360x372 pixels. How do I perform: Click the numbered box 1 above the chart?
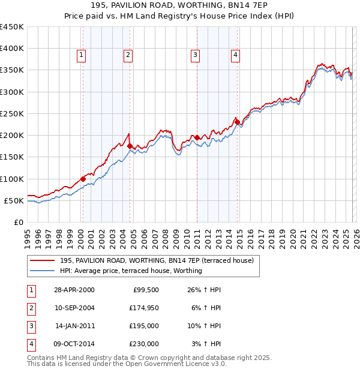click(x=81, y=55)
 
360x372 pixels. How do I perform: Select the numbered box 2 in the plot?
click(x=128, y=55)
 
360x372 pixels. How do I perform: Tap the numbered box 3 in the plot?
click(x=195, y=55)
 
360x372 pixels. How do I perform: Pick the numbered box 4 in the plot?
click(x=235, y=55)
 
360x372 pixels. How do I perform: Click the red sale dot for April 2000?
click(x=83, y=179)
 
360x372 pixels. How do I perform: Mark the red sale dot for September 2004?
click(x=130, y=146)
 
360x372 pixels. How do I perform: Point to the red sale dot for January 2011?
click(x=197, y=137)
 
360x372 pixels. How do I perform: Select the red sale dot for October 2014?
click(x=237, y=122)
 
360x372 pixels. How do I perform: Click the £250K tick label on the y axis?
click(x=12, y=113)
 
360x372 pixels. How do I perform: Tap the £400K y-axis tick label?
click(x=12, y=49)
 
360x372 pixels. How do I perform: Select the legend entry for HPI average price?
click(x=131, y=271)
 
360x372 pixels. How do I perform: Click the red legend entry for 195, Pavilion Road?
click(x=157, y=260)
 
